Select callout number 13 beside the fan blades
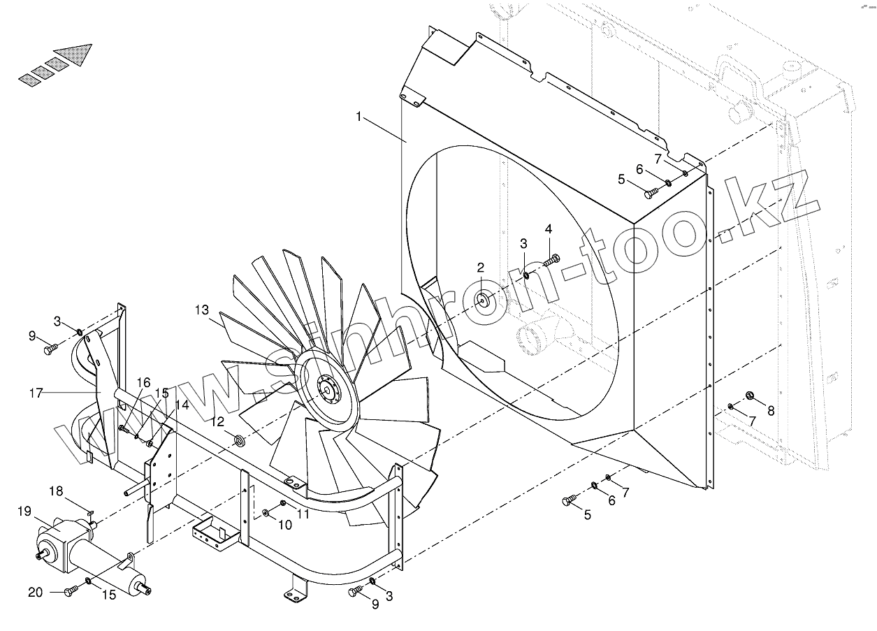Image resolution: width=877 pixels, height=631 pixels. (201, 310)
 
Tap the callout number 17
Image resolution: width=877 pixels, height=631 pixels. (36, 393)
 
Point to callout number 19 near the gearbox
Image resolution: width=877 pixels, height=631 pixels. (25, 512)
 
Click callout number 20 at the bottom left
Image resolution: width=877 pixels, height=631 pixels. (36, 593)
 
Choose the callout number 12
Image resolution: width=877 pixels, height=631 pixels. (218, 421)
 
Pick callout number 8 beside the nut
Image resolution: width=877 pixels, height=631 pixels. (771, 411)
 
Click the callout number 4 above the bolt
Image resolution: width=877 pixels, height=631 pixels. (549, 229)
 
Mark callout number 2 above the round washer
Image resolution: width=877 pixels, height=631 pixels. (481, 267)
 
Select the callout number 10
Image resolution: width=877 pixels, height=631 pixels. (266, 525)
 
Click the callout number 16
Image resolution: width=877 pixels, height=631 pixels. (143, 382)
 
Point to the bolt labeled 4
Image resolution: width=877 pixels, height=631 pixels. (551, 261)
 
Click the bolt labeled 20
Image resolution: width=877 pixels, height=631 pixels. (69, 592)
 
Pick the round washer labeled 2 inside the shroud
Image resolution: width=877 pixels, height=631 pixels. (484, 300)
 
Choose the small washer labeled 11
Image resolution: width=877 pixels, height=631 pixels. (283, 503)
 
